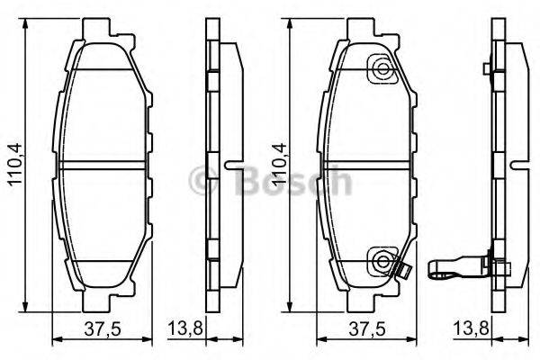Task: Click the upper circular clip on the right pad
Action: click(x=382, y=69)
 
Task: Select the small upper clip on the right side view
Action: click(x=486, y=69)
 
